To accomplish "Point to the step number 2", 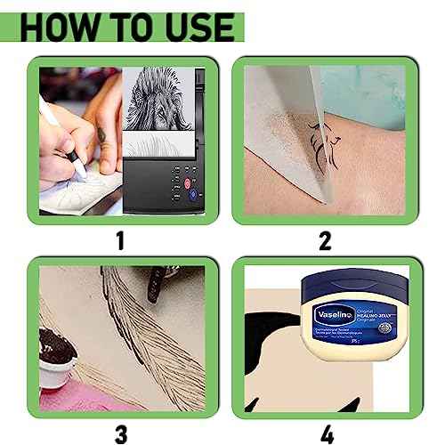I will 325,239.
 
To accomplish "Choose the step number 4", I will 325,434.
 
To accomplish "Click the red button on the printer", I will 189,186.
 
